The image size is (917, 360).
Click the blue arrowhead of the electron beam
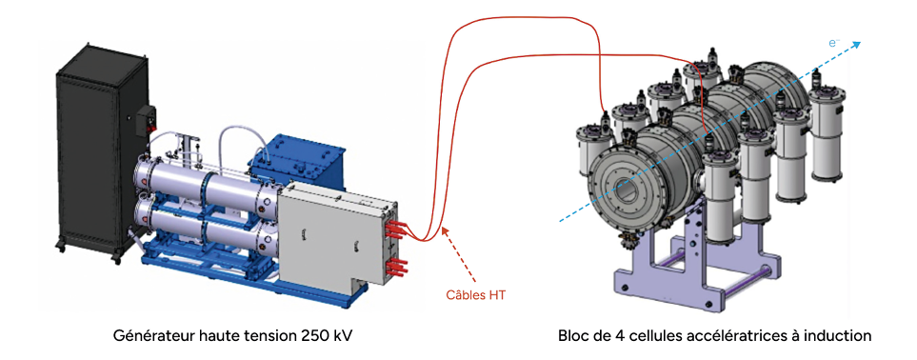(856, 44)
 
